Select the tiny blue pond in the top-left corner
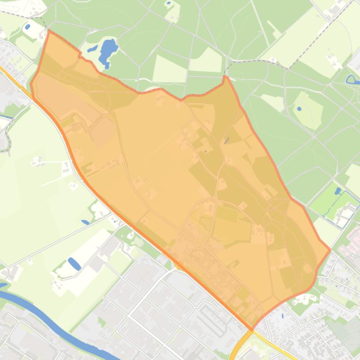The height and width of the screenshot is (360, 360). [27, 27]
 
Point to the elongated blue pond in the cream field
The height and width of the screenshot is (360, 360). [74, 264]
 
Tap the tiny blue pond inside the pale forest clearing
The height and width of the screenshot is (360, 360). [299, 108]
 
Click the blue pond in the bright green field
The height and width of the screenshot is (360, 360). [338, 191]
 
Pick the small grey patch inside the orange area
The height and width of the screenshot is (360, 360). [227, 140]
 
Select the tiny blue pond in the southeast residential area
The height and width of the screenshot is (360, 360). [282, 316]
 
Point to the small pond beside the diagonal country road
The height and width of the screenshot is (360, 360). [85, 222]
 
